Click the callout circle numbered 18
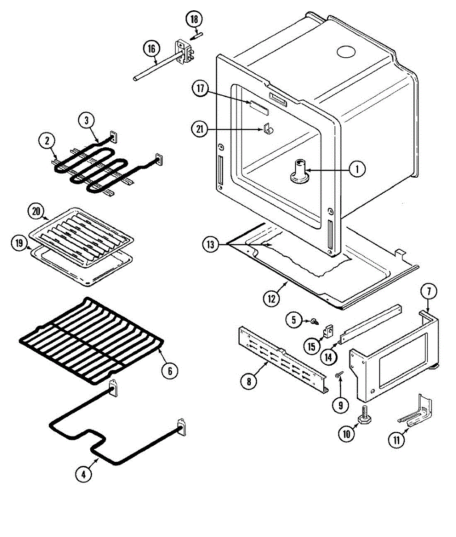pyautogui.click(x=194, y=19)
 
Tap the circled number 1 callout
pyautogui.click(x=356, y=169)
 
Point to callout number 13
pyautogui.click(x=211, y=245)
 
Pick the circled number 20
pyautogui.click(x=36, y=210)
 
